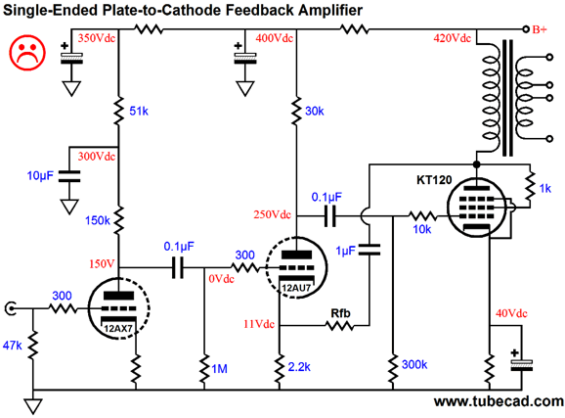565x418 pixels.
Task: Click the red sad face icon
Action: [27, 52]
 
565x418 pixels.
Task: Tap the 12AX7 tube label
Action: [118, 329]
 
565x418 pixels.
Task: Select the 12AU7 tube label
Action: [296, 288]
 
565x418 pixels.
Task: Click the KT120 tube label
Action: [434, 180]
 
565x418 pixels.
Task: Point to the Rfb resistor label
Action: [340, 313]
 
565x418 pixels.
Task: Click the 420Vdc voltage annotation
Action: [453, 38]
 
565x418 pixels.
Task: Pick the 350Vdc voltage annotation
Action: [97, 38]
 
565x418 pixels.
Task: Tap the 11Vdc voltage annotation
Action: [259, 324]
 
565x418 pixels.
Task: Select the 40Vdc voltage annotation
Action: [511, 313]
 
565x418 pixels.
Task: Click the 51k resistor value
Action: [139, 112]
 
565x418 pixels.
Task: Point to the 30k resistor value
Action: [314, 112]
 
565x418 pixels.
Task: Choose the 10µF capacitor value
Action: [40, 176]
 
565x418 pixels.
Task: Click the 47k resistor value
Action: [13, 346]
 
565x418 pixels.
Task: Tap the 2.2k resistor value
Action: [299, 367]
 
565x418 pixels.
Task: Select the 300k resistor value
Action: [414, 364]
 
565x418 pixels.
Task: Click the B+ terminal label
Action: [540, 29]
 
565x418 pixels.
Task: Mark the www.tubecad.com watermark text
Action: [500, 401]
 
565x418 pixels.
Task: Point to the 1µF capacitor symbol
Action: [369, 250]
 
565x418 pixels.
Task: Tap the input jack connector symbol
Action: [10, 308]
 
